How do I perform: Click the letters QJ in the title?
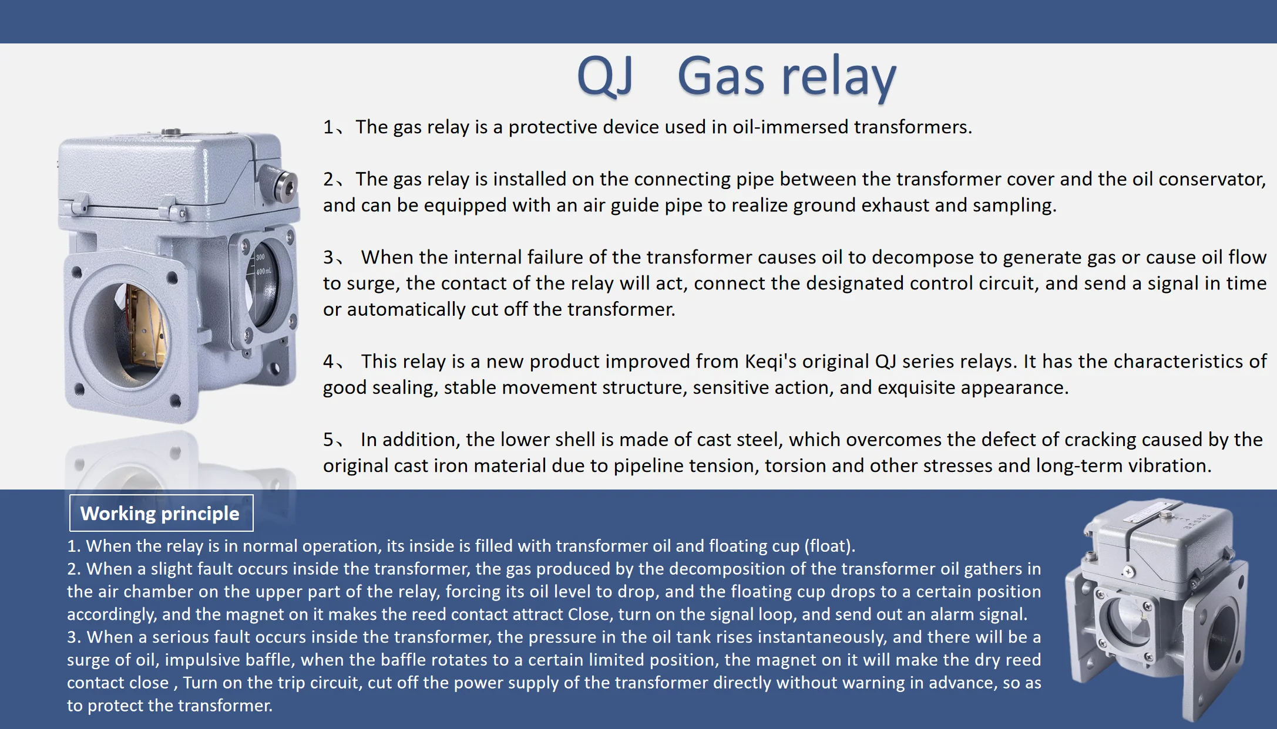tap(605, 77)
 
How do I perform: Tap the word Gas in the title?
tap(721, 76)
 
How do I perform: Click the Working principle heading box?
tap(161, 513)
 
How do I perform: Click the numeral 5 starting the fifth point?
tap(328, 440)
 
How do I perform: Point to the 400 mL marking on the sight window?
tap(263, 272)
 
